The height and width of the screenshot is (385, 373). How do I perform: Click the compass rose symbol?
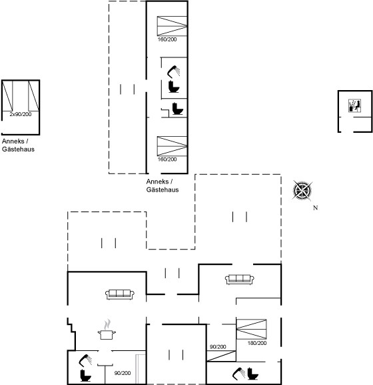pyautogui.click(x=302, y=190)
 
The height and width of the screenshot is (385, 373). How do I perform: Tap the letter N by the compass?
pyautogui.click(x=316, y=208)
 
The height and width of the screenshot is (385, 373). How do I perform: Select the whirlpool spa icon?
pyautogui.click(x=354, y=105)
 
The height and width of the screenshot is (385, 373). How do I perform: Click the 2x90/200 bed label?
pyautogui.click(x=21, y=114)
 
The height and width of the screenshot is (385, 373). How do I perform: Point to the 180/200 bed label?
pyautogui.click(x=257, y=343)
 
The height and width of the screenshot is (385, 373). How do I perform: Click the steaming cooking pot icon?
pyautogui.click(x=107, y=330)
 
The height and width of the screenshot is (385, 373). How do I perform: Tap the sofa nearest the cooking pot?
pyautogui.click(x=120, y=294)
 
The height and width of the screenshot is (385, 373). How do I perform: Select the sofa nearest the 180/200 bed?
pyautogui.click(x=240, y=280)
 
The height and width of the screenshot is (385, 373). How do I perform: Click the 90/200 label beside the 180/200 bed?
pyautogui.click(x=218, y=347)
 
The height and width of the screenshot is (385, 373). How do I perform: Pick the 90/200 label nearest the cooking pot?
pyautogui.click(x=123, y=373)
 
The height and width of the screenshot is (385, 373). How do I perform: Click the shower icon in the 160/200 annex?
pyautogui.click(x=173, y=71)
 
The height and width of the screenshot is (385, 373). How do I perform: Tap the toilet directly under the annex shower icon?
pyautogui.click(x=174, y=87)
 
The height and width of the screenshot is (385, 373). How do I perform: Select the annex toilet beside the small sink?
pyautogui.click(x=178, y=109)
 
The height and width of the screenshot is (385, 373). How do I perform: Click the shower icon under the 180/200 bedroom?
pyautogui.click(x=238, y=374)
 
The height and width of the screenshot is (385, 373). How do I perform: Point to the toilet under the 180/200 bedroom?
pyautogui.click(x=252, y=374)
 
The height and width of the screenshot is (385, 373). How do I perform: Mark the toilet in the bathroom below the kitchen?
pyautogui.click(x=85, y=376)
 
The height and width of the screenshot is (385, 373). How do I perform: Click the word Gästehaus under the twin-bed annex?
pyautogui.click(x=18, y=149)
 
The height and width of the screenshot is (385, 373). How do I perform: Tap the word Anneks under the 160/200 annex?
pyautogui.click(x=158, y=181)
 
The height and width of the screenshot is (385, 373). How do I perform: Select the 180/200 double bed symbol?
pyautogui.click(x=251, y=329)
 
